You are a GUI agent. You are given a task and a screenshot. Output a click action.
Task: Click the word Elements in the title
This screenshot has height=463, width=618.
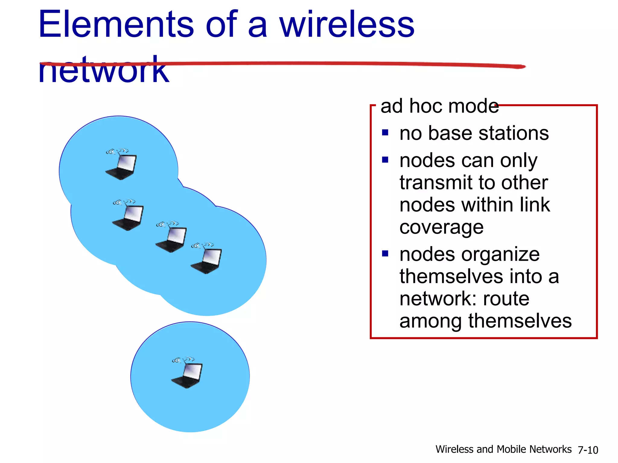tap(116, 25)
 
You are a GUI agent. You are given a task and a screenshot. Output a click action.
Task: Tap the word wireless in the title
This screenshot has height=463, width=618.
tap(347, 25)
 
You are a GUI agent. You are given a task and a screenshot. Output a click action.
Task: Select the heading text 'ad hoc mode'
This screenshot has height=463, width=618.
tap(439, 106)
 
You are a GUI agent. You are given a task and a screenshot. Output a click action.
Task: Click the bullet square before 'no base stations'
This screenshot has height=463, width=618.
tap(385, 133)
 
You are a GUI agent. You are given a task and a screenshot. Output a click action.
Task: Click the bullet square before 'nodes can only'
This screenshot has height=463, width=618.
tap(385, 160)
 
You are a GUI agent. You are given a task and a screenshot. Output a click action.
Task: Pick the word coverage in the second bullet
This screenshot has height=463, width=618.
tap(441, 227)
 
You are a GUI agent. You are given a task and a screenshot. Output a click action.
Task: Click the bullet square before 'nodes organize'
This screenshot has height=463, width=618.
tap(385, 254)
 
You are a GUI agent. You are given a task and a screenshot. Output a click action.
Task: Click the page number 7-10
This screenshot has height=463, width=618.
tap(588, 450)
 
